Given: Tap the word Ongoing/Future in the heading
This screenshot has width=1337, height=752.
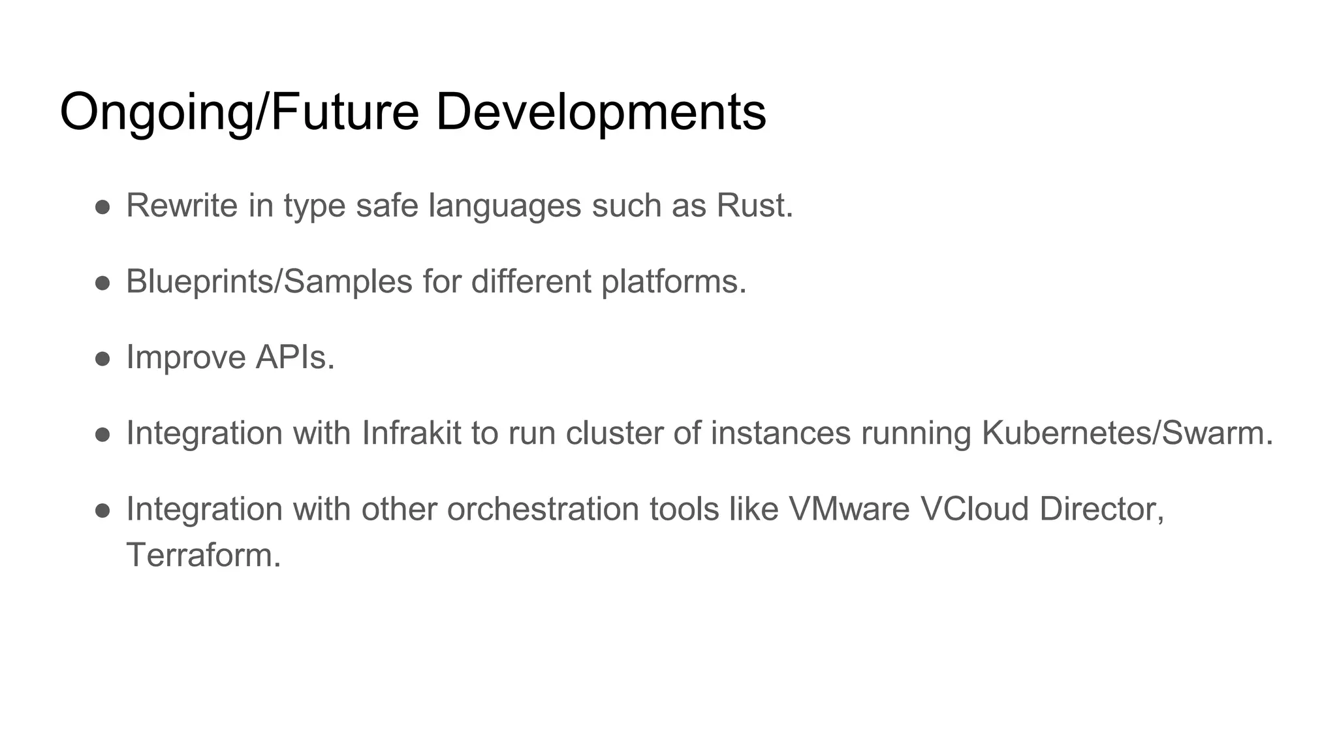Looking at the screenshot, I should (x=239, y=112).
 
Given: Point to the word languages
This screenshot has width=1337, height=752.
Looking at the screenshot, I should (x=505, y=207).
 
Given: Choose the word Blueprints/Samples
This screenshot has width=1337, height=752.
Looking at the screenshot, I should (x=269, y=282).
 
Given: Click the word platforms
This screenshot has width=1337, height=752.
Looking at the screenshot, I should (x=673, y=282).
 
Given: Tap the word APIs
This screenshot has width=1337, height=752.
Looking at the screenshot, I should (x=295, y=358).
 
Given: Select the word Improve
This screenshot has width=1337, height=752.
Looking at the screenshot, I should (x=185, y=358).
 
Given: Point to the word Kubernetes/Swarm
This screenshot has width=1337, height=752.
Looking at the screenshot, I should (x=1127, y=433).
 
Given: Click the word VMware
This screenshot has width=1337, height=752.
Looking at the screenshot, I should (x=849, y=509).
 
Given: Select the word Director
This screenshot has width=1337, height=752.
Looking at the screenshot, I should (x=1102, y=509).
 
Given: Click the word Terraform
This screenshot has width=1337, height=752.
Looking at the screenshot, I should (x=203, y=556).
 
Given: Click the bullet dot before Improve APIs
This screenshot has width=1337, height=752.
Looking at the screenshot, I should (x=102, y=359).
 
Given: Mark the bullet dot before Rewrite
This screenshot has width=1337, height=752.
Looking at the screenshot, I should (x=102, y=207).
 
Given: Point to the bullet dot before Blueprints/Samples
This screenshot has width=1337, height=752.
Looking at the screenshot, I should (x=102, y=283).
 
